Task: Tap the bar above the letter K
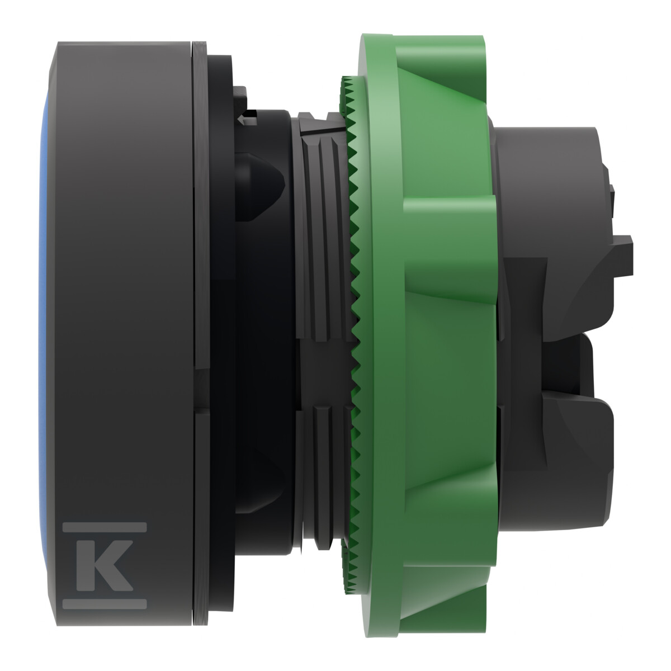pyautogui.click(x=105, y=527)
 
